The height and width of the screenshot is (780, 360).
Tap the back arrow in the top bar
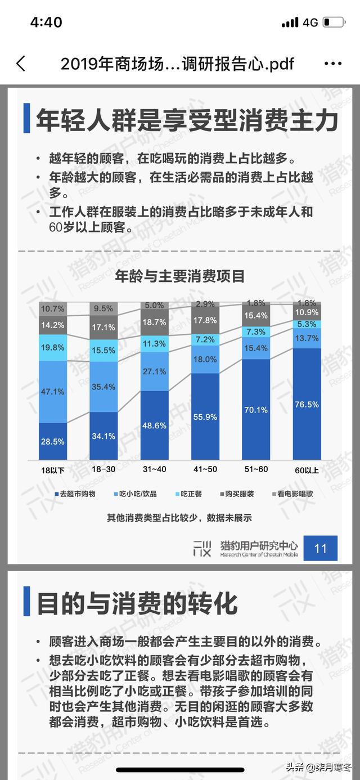[21, 64]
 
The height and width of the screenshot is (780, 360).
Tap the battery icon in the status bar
[334, 23]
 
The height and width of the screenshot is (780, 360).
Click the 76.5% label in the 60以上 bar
[307, 404]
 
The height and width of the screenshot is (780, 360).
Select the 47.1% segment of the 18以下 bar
[53, 392]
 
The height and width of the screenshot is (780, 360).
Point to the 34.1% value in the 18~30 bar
[103, 436]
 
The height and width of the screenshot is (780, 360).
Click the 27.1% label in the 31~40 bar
[155, 371]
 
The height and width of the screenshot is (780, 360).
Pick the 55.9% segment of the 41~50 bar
[205, 416]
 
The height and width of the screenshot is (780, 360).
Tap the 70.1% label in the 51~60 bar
[256, 410]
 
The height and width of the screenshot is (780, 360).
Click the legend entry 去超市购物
[75, 494]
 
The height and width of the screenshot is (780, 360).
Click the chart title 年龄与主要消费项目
[180, 276]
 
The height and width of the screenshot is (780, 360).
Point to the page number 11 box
[320, 548]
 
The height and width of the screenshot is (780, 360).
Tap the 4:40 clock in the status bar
[46, 23]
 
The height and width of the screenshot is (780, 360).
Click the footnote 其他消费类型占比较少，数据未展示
[179, 517]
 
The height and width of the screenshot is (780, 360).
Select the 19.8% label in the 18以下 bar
[53, 347]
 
